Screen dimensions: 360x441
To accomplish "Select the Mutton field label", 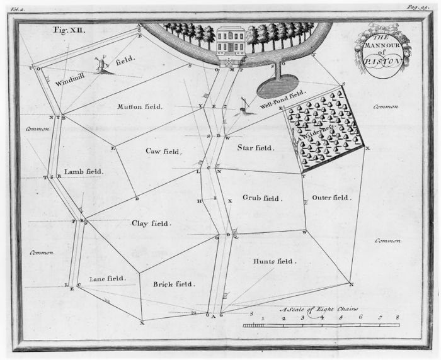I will [140, 106].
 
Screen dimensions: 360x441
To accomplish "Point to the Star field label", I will [256, 147].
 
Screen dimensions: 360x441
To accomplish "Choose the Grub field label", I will [261, 198].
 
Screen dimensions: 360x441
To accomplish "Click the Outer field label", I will [331, 197].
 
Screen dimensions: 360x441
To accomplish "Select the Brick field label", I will [174, 284].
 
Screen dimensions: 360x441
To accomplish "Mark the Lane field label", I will [108, 278].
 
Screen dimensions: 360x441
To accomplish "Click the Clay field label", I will [151, 223].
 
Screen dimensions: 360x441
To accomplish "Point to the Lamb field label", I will [84, 171].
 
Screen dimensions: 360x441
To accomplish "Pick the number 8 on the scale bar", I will [398, 318].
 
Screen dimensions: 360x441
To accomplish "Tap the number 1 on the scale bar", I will [263, 318].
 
